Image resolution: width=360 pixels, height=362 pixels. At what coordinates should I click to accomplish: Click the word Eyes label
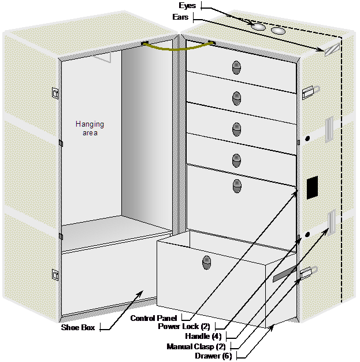188,5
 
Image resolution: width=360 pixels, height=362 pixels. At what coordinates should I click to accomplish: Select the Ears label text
181,17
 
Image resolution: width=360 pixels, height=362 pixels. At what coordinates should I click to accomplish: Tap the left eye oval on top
258,26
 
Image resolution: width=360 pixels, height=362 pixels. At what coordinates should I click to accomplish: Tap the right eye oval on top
279,30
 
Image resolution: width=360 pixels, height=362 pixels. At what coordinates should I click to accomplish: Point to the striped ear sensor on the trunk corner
332,49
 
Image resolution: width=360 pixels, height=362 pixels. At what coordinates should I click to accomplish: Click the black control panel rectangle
312,187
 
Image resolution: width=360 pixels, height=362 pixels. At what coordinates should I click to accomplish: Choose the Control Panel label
154,319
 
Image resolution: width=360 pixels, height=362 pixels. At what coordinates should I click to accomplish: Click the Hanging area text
90,128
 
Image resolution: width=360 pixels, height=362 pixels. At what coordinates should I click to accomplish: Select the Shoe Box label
79,327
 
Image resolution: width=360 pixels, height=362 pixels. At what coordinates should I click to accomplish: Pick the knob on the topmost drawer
236,68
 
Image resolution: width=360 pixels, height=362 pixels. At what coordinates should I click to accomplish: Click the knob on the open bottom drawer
206,263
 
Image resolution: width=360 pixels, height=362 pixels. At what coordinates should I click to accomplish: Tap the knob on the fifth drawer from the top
237,186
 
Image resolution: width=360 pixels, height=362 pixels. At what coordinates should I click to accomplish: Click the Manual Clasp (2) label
196,346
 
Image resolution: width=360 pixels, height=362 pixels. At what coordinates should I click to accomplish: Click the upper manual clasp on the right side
309,90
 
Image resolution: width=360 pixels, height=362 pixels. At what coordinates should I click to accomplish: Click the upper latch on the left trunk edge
55,92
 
